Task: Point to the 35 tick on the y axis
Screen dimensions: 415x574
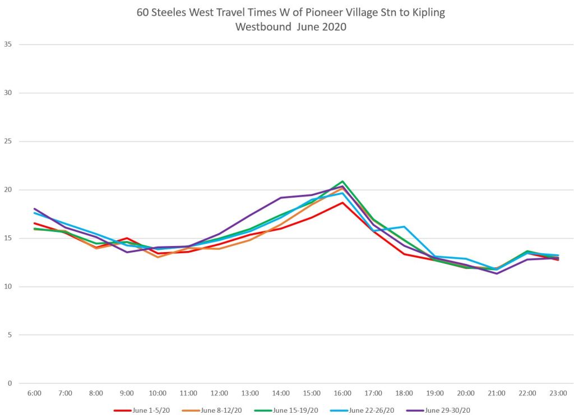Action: (x=8, y=44)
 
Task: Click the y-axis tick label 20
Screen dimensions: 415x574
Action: (x=8, y=190)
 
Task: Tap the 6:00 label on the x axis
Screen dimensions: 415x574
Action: (x=34, y=393)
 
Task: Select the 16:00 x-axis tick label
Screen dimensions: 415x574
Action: (x=342, y=393)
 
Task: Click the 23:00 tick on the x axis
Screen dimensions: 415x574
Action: (x=558, y=393)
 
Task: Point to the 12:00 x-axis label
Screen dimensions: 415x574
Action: (x=219, y=393)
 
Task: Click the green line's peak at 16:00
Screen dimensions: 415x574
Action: (x=342, y=181)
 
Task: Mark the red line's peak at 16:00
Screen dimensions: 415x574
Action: (x=342, y=202)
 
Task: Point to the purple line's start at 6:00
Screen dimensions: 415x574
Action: (x=35, y=209)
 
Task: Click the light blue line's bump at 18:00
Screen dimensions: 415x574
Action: (x=404, y=227)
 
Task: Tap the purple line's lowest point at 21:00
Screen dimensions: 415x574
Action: (x=497, y=273)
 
